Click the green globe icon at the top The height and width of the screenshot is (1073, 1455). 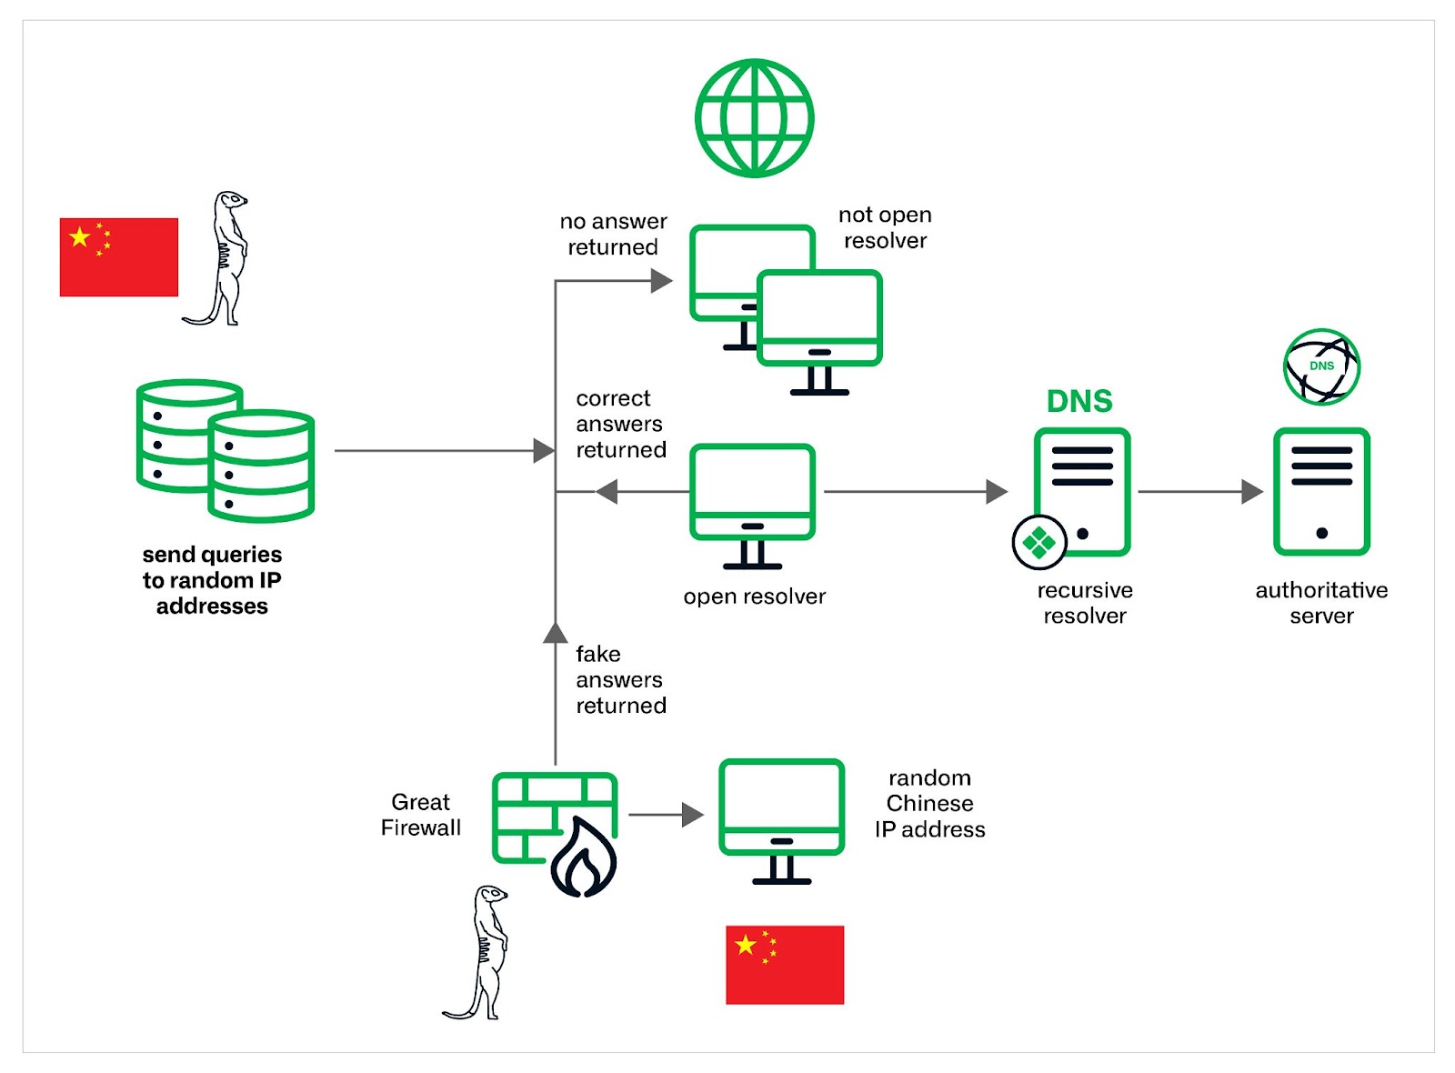[754, 118]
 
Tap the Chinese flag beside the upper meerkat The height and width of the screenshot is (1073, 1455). [119, 257]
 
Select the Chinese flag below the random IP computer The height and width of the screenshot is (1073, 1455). [785, 965]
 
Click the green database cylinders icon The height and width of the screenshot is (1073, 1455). [226, 450]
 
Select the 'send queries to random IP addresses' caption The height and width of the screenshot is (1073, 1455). [212, 580]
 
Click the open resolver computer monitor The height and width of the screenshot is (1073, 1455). [752, 505]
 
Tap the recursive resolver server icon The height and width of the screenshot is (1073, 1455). [1081, 492]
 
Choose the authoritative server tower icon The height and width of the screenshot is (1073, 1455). [1321, 492]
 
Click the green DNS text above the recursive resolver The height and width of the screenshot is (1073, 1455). [1079, 401]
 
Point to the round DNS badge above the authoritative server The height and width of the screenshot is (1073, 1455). [1321, 367]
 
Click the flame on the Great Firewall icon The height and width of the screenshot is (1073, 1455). [584, 857]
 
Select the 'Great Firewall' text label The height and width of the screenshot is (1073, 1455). [420, 815]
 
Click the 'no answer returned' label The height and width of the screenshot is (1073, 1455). [613, 235]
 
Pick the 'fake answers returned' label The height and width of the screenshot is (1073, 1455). [620, 680]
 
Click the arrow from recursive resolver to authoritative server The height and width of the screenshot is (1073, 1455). [1199, 492]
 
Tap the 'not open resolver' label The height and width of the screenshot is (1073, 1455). [885, 227]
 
